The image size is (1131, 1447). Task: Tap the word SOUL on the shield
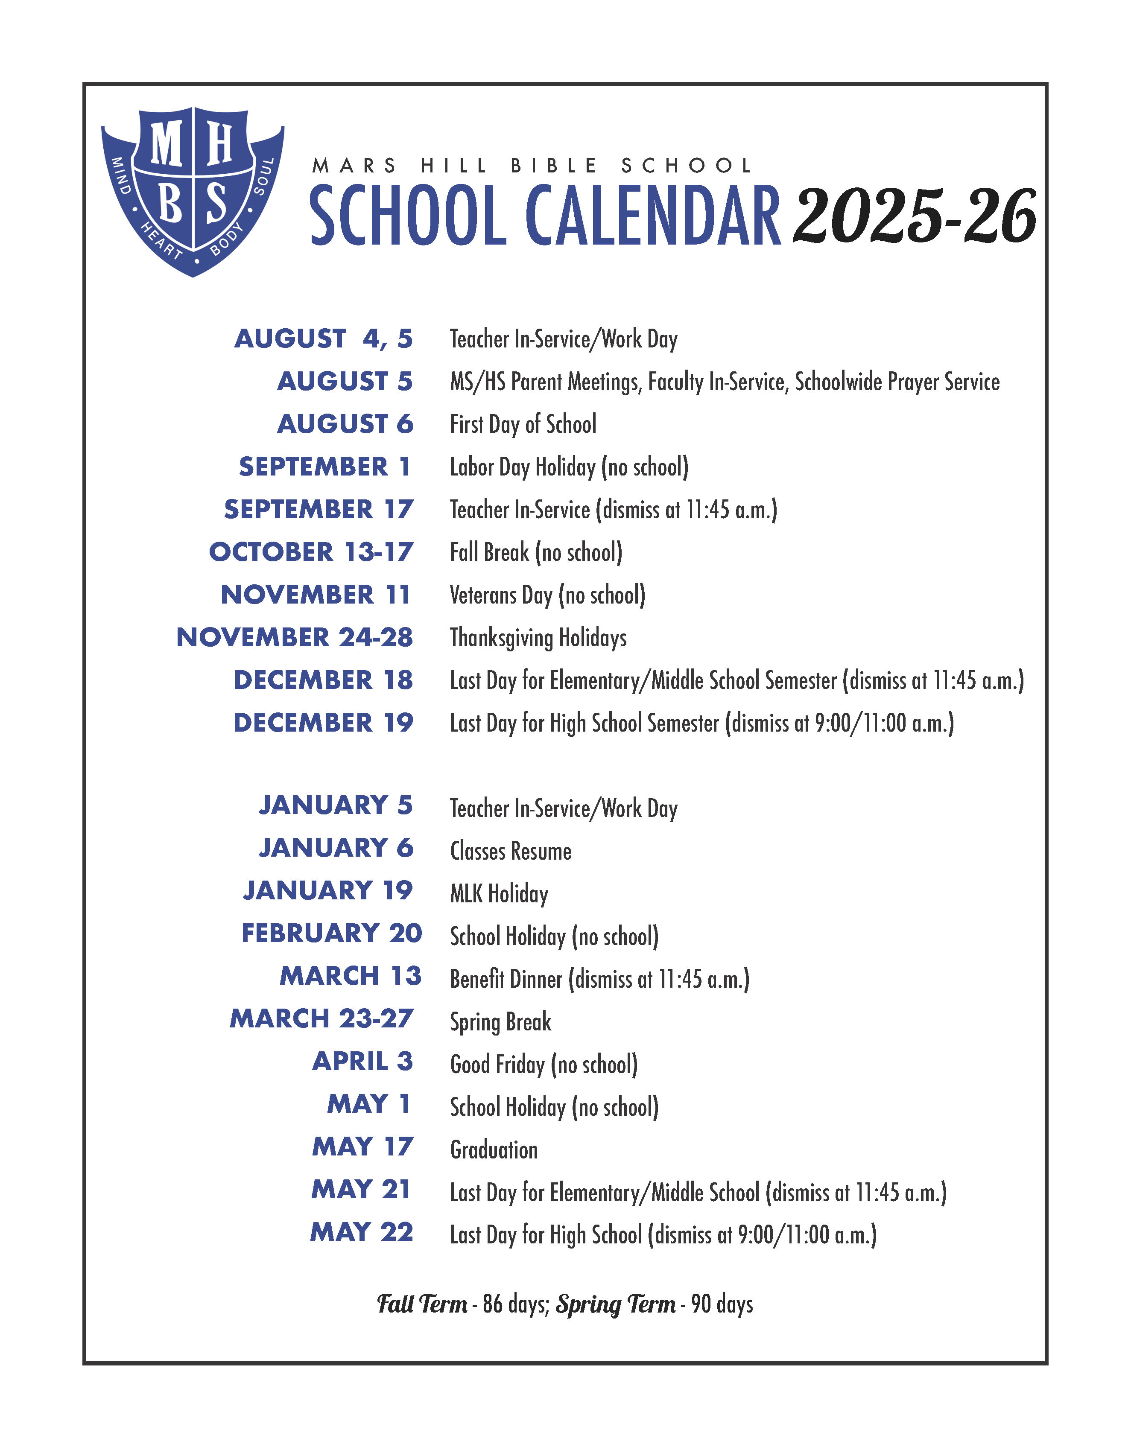(x=264, y=176)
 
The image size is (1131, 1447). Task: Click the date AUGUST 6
(x=345, y=424)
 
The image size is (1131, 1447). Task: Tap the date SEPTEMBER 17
(x=319, y=510)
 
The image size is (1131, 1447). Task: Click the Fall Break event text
(x=536, y=553)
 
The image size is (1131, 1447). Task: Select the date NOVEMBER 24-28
(x=295, y=637)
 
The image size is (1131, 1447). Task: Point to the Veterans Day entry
(x=547, y=595)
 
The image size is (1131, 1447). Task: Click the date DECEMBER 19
(x=323, y=723)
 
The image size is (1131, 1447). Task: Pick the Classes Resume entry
(x=511, y=852)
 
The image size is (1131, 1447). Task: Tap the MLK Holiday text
(x=499, y=894)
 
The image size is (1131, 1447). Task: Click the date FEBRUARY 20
(x=332, y=934)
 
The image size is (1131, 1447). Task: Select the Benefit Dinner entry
(x=599, y=979)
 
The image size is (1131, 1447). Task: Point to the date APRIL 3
(x=362, y=1062)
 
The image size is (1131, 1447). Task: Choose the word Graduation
(x=494, y=1150)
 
